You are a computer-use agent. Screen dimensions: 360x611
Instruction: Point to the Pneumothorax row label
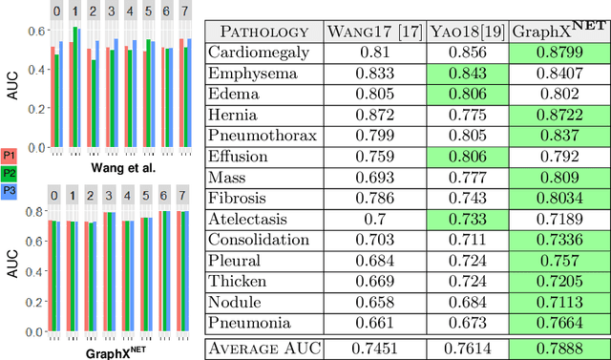pos(263,135)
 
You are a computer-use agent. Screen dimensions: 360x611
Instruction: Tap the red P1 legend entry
pos(10,155)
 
